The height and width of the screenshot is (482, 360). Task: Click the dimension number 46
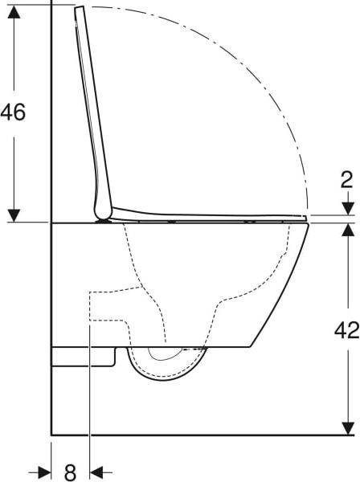pos(13,112)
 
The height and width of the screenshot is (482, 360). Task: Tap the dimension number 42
pos(347,330)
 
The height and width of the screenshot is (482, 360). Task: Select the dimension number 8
pos(71,472)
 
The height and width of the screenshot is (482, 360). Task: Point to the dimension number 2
pos(347,180)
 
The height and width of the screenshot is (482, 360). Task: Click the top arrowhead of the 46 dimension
pos(14,12)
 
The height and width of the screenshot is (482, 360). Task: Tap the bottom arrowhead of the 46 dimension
pos(14,215)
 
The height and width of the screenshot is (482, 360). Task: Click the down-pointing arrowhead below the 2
pos(348,209)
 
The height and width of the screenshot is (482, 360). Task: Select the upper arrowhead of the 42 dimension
pos(348,229)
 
